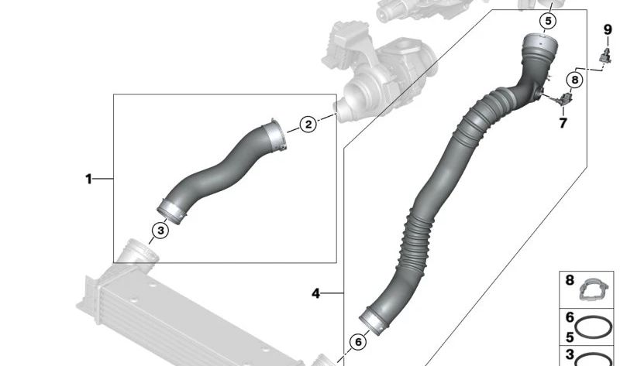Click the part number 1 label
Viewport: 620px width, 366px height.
[x=88, y=180]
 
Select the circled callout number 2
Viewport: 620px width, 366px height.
[x=308, y=124]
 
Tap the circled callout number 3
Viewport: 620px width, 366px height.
[x=160, y=230]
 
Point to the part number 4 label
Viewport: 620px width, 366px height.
[x=316, y=293]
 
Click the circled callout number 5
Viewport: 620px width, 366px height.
[x=548, y=21]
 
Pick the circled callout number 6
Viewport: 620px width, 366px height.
[x=358, y=341]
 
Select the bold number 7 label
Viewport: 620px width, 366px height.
[x=563, y=123]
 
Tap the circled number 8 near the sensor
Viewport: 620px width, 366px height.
[x=573, y=79]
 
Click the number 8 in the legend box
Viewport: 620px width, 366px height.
[x=570, y=281]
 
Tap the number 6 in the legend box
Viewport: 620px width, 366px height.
[x=570, y=317]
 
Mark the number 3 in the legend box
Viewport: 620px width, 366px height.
[x=570, y=354]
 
